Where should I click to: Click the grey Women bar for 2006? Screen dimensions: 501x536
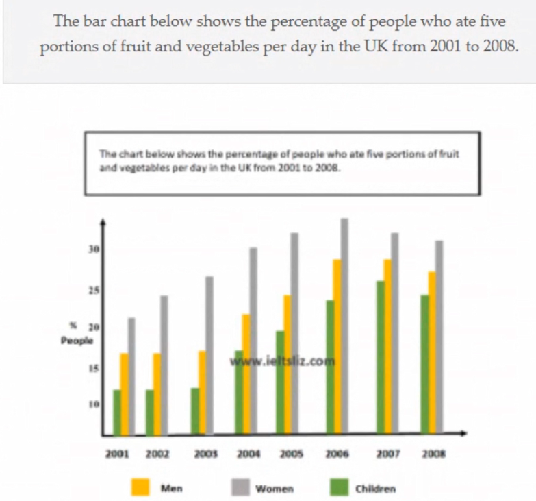[x=344, y=326]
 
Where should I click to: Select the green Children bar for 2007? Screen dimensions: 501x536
[x=380, y=357]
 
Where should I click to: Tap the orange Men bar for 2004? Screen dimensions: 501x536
[x=246, y=374]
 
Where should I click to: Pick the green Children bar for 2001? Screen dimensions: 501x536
[x=117, y=412]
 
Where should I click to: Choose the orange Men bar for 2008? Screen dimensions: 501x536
[x=433, y=352]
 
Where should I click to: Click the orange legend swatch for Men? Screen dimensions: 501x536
[x=141, y=488]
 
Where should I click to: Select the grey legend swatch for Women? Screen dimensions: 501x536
[x=238, y=488]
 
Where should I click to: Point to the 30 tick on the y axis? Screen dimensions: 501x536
[x=94, y=249]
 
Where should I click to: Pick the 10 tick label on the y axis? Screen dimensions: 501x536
[x=94, y=405]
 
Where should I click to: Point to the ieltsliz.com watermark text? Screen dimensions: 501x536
[x=283, y=363]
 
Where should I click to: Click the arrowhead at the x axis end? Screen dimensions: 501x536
[x=463, y=433]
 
